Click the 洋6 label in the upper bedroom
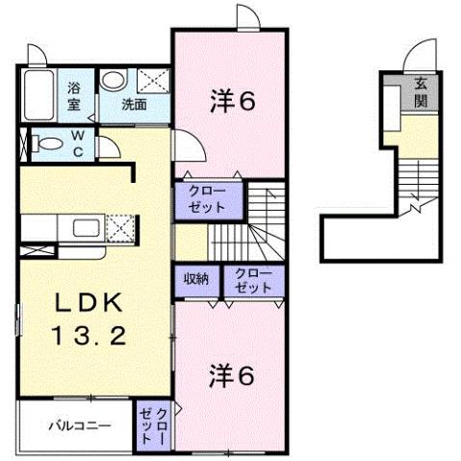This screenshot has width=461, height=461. [x=232, y=100]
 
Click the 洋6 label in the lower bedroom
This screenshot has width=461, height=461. [x=232, y=375]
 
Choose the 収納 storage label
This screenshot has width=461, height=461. [x=197, y=279]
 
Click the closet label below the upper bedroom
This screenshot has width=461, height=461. [x=200, y=199]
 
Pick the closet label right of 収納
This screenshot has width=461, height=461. [x=254, y=280]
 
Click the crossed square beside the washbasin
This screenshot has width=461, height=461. [x=151, y=80]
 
